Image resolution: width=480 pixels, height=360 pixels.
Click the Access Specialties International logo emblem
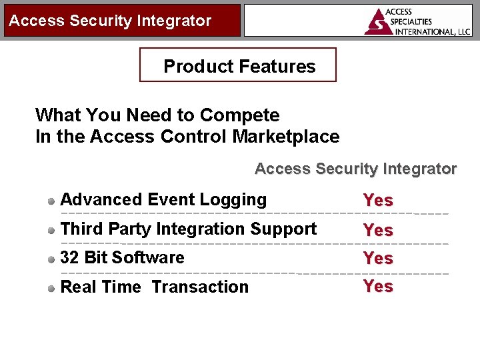point(379,22)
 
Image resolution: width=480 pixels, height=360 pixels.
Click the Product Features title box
point(238,65)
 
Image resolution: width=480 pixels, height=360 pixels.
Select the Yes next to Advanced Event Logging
point(378,200)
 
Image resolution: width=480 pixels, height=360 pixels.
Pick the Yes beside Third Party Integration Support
point(378,230)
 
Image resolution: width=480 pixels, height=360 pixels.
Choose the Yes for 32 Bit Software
point(378,258)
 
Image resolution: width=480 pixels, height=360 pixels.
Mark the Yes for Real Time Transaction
point(378,286)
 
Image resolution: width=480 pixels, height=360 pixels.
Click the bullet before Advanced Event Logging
point(51,201)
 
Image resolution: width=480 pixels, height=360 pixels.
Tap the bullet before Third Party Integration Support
point(51,230)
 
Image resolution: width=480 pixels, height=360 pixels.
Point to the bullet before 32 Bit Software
point(51,259)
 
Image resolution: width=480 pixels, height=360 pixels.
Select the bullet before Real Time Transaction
point(51,288)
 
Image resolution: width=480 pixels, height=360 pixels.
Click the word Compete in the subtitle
point(239,115)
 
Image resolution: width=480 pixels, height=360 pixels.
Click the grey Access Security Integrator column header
point(355,169)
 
